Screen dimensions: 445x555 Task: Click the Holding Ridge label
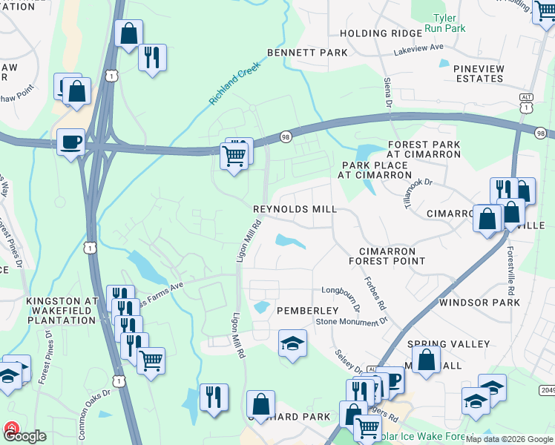(x=375, y=33)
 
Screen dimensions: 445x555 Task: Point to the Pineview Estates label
(x=479, y=73)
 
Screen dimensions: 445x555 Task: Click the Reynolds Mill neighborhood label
(x=295, y=210)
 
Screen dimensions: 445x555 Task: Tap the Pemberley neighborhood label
(x=307, y=310)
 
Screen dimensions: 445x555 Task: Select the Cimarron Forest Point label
(x=392, y=257)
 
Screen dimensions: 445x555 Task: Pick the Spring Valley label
(x=448, y=344)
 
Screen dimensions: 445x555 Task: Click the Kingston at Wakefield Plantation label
(x=62, y=311)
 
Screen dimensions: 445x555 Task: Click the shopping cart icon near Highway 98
(x=234, y=156)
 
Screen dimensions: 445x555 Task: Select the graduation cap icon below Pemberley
(x=292, y=343)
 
